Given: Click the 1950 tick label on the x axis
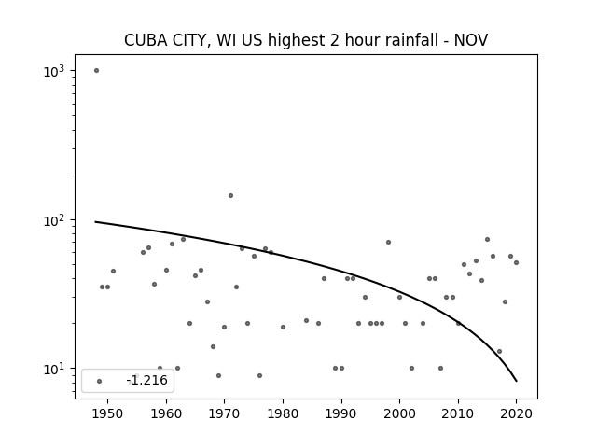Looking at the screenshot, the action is pos(107,413).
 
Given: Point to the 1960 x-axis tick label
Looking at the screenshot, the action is pos(166,413).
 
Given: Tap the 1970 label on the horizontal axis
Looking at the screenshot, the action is pos(224,413).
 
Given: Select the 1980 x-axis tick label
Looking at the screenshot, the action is pos(283,413).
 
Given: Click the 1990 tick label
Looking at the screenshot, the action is pos(341,413).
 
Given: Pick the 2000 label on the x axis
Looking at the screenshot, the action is pos(400,413).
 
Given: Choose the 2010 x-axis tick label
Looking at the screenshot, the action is pos(458,413).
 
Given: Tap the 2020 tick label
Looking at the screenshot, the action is pos(517,413).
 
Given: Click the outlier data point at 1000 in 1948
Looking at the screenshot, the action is pos(96,71).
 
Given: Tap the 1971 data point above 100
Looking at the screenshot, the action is pos(230,195).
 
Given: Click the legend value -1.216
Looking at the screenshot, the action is pos(147,380).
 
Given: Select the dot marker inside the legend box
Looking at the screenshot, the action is pos(100,381).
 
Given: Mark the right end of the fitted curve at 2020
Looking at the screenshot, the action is pos(516,381).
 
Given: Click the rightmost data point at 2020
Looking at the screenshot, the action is pos(516,262).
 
